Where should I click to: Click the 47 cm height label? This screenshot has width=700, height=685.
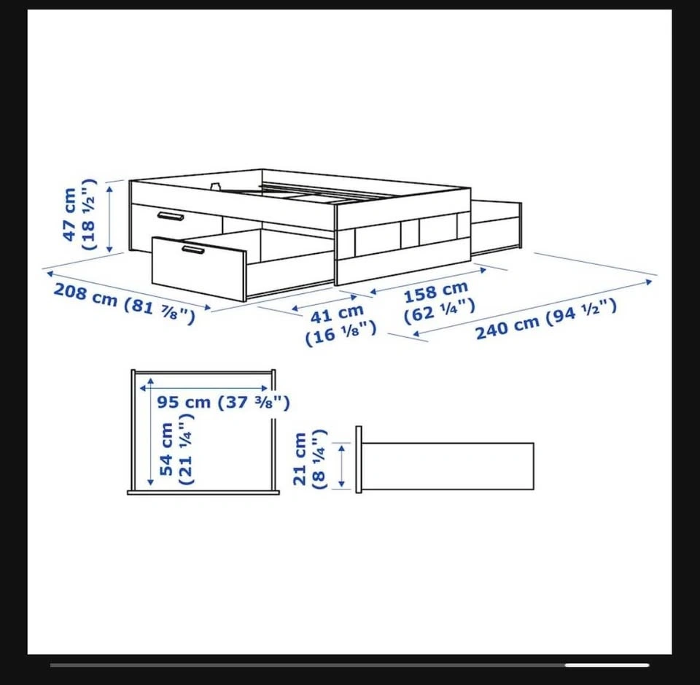click(x=70, y=214)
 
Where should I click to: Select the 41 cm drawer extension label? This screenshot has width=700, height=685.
click(x=337, y=314)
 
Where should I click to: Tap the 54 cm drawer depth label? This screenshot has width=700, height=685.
click(x=166, y=449)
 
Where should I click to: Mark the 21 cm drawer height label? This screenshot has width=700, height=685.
click(x=300, y=459)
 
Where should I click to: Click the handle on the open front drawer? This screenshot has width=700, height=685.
click(x=193, y=249)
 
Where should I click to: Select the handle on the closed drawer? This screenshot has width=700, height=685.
click(x=171, y=216)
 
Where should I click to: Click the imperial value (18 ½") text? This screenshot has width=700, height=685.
click(x=88, y=214)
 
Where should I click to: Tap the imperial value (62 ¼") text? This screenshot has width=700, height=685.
click(x=439, y=310)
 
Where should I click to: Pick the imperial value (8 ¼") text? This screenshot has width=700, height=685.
click(x=320, y=460)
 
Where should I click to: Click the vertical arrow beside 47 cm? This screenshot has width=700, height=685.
click(x=110, y=219)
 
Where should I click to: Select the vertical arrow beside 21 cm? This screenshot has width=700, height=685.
click(x=341, y=465)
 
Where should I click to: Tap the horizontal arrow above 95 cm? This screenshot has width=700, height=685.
click(x=204, y=389)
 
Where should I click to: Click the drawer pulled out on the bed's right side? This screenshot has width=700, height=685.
click(x=496, y=228)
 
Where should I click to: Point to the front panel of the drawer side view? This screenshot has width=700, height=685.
click(x=359, y=460)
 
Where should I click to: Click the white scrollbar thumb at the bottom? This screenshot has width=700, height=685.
click(x=607, y=665)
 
